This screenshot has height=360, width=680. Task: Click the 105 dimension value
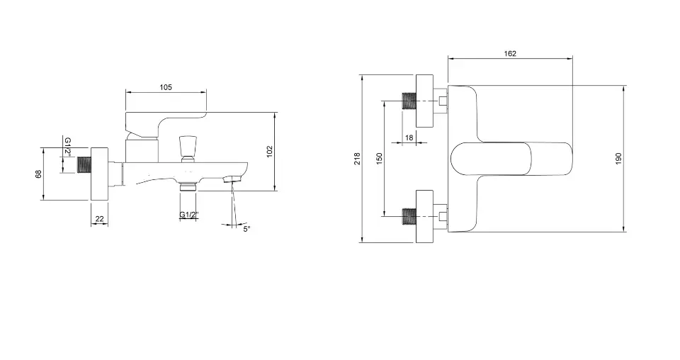point(166,87)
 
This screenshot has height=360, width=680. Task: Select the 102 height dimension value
point(270,151)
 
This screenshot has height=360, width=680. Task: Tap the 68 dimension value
point(38,174)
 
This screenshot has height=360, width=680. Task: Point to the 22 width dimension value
point(99,218)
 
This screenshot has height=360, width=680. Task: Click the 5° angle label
point(246,229)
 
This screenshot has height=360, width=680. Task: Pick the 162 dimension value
point(510,53)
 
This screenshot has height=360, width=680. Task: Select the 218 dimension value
point(357,158)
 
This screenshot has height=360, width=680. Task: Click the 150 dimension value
point(380,158)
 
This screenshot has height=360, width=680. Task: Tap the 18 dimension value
point(409,137)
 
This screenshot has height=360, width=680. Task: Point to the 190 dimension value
point(618,158)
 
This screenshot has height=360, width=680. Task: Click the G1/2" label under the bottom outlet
point(189,214)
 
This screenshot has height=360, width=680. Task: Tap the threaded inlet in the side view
point(84,166)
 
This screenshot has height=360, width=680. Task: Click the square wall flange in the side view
point(99,174)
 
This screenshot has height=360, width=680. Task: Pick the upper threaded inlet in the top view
point(409,101)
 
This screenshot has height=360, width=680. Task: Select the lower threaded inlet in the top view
point(409,216)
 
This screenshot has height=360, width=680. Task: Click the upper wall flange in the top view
point(424,101)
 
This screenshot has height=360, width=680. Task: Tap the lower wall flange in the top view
point(424,216)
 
